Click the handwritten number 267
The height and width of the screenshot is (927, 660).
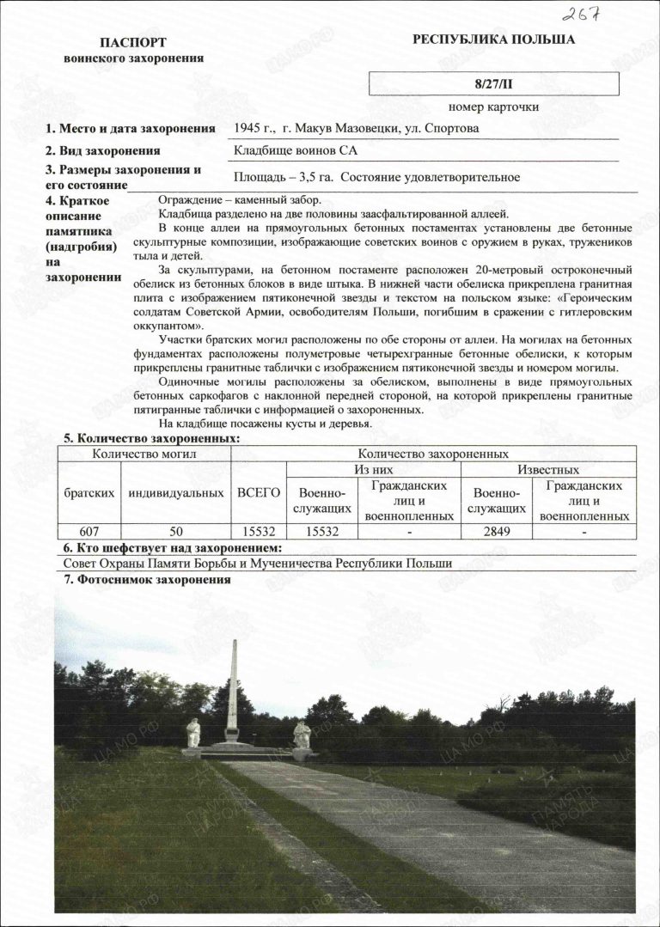pos(582,14)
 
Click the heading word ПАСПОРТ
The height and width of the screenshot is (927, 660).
pos(133,43)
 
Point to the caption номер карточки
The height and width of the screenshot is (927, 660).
pos(493,107)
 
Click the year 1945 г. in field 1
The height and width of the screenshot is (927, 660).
pos(254,129)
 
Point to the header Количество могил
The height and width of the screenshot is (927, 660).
pos(145,453)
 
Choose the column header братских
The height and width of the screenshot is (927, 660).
pos(89,493)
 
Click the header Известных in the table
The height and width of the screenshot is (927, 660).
pos(547,470)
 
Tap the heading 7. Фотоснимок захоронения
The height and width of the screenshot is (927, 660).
pos(147,580)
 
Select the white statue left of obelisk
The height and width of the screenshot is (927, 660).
pos(194,733)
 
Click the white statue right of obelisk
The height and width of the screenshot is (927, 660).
pos(301,735)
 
